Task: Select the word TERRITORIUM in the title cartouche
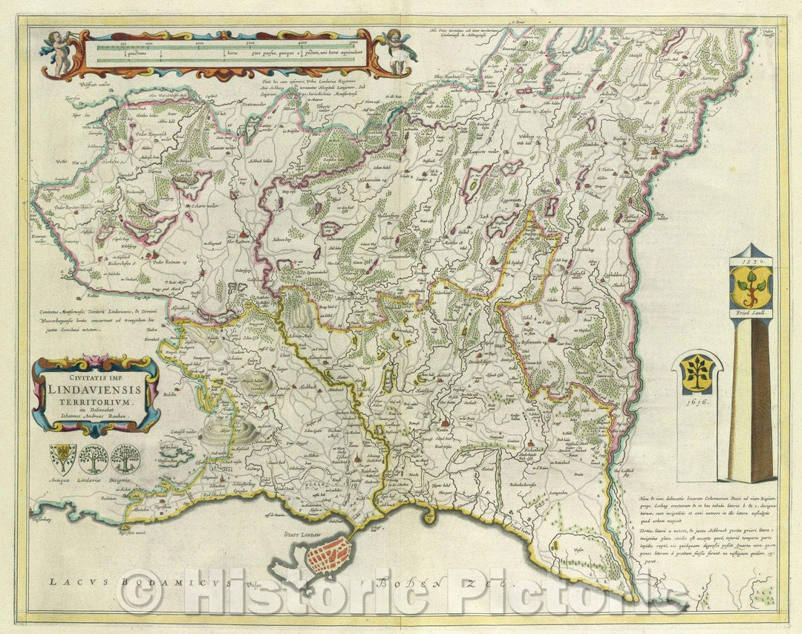pyautogui.click(x=94, y=401)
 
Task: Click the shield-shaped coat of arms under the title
pyautogui.click(x=62, y=458)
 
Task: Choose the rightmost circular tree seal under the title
pyautogui.click(x=125, y=459)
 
